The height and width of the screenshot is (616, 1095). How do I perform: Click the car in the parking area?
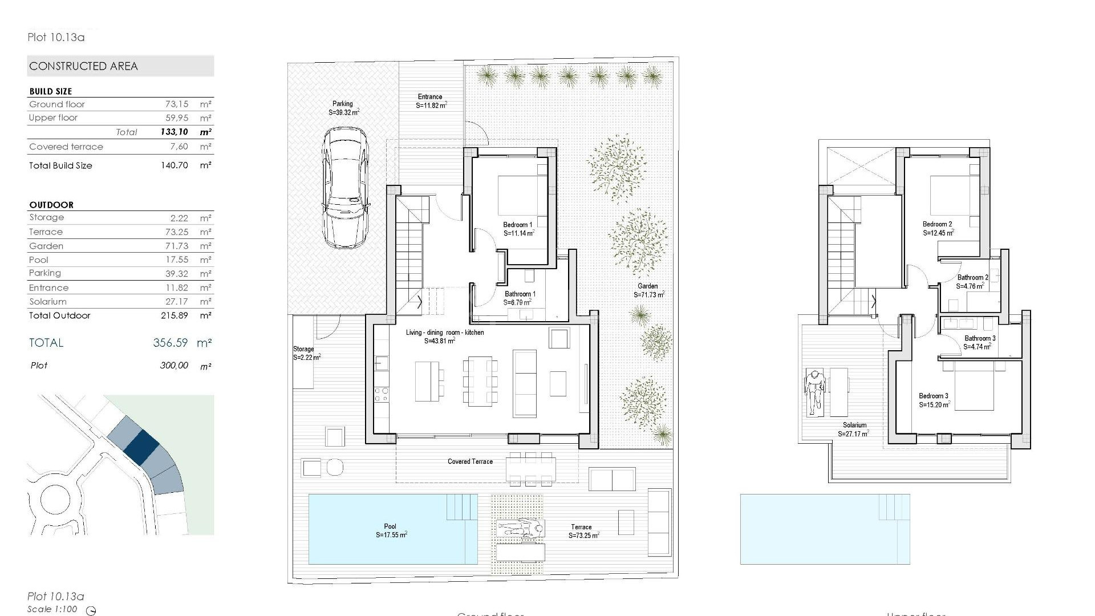pos(345,188)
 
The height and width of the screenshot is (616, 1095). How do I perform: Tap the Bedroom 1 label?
pos(517,225)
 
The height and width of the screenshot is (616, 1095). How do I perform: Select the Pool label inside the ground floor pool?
pos(390,526)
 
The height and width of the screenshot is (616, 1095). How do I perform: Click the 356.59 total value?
pos(170,343)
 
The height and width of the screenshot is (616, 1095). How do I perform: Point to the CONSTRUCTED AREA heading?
pos(84,66)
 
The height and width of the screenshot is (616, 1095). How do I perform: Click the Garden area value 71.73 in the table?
pos(177,246)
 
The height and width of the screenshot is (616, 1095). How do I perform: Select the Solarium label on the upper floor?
pos(854,425)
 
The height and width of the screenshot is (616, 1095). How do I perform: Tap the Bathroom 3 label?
pos(980,338)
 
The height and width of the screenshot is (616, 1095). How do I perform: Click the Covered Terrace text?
pos(470,461)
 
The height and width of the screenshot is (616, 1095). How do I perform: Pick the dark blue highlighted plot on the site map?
pos(141,445)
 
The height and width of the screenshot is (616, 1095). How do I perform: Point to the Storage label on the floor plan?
pos(303,349)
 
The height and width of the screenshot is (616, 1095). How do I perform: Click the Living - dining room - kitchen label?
pos(445,333)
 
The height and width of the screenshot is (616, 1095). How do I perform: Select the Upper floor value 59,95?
pos(176,117)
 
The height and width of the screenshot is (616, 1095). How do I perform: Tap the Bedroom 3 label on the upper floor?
pos(933,396)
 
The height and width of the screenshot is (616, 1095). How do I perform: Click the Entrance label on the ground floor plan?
pos(430,97)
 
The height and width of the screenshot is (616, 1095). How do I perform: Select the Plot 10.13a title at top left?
pos(56,38)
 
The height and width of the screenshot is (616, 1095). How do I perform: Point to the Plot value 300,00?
pos(173,366)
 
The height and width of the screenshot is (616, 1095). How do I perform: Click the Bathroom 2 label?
pos(972,278)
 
